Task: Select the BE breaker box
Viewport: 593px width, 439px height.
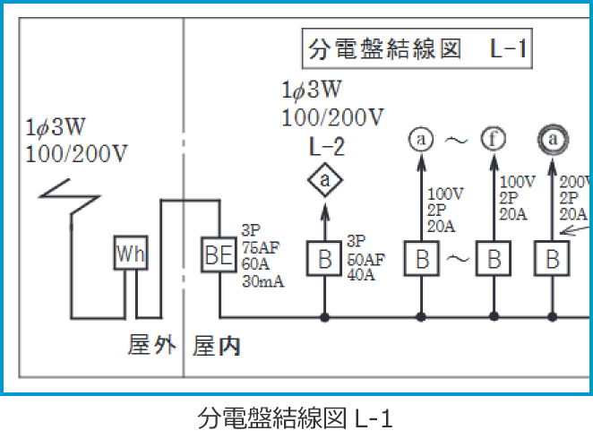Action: (x=217, y=255)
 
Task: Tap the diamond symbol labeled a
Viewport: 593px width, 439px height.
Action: (x=325, y=182)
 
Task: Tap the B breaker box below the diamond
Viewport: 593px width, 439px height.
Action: (x=324, y=259)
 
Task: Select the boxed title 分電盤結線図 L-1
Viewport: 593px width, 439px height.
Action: (x=415, y=49)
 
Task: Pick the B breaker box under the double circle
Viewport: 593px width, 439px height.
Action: (x=553, y=259)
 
